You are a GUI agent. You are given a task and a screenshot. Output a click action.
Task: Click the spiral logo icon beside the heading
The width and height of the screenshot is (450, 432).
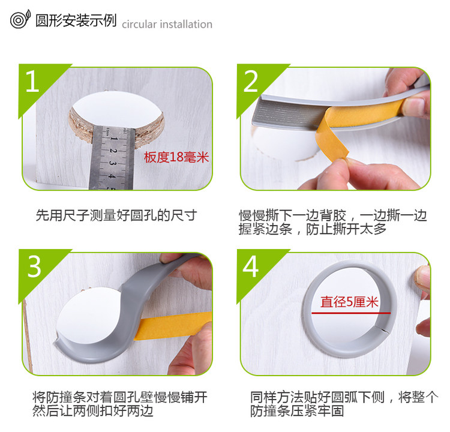[20, 19]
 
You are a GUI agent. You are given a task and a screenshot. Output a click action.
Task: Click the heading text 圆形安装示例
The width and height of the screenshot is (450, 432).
[76, 20]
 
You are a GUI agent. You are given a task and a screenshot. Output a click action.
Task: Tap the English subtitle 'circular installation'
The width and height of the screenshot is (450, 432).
[167, 25]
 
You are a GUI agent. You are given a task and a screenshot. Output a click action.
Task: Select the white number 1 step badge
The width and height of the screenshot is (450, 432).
[32, 81]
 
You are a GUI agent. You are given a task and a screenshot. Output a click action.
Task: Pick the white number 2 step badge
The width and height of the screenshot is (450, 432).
[251, 81]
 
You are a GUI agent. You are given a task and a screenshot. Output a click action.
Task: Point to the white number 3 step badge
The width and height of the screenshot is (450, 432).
[34, 266]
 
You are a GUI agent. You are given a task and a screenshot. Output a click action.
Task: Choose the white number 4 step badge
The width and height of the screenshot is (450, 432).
[251, 266]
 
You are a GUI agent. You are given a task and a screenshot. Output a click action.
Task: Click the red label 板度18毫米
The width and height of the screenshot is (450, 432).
[176, 157]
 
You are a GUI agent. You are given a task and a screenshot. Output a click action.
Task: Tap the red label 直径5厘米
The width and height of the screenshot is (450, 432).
[349, 302]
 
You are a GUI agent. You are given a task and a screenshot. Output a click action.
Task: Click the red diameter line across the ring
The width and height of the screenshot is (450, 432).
[351, 313]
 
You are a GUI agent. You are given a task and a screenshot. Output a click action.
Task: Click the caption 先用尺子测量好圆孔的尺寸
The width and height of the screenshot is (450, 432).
[116, 215]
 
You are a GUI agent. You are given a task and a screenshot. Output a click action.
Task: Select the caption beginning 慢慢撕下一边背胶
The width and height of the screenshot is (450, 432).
[333, 222]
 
